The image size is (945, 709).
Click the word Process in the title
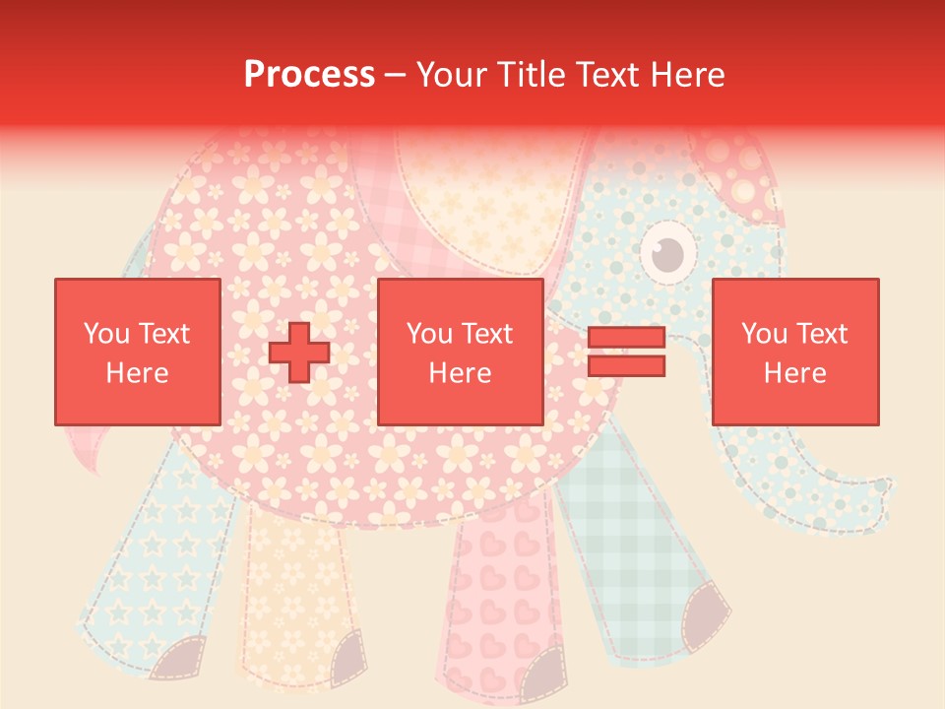[309, 75]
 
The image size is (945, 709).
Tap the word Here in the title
[685, 75]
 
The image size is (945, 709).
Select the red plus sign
[298, 352]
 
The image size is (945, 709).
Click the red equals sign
[626, 352]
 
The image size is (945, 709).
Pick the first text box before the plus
[137, 352]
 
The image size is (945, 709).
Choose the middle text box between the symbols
[460, 352]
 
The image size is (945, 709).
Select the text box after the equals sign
[794, 352]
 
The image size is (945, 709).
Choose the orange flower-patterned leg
[295, 581]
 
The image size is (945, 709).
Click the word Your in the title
[452, 75]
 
